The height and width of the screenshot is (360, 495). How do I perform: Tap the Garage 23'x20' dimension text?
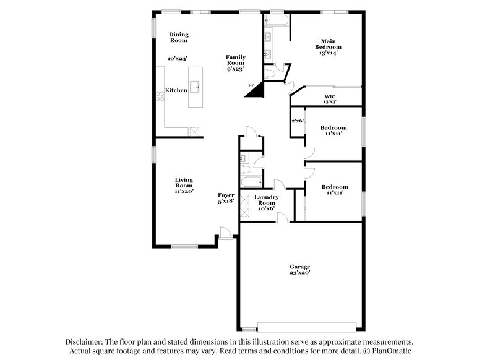coord(299,272)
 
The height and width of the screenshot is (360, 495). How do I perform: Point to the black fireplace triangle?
coord(255,90)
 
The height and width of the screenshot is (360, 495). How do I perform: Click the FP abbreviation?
coord(251,84)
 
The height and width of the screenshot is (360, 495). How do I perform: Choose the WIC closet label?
coord(330,97)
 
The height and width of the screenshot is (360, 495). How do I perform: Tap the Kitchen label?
coord(176,90)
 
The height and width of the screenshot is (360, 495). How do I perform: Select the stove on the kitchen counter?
coord(159,95)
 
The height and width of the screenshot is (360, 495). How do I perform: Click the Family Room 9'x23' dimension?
coord(235,69)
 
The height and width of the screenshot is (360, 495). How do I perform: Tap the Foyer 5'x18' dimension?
coord(226,201)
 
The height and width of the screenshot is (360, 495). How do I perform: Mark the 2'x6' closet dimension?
coord(298,121)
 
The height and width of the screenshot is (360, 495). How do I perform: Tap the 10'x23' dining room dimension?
coord(177,59)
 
